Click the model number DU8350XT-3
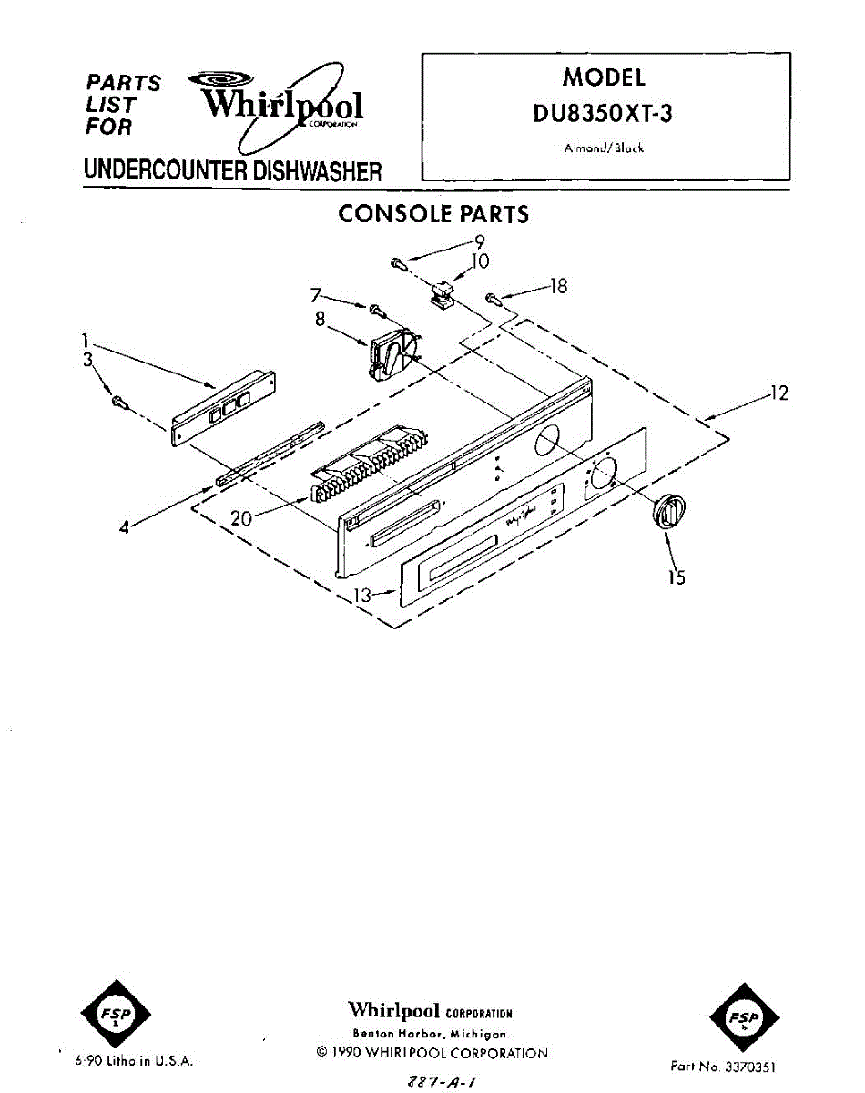click(x=604, y=116)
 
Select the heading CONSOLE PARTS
click(x=432, y=214)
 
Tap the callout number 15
click(x=677, y=577)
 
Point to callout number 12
click(x=778, y=393)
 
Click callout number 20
click(x=241, y=518)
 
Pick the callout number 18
click(x=558, y=286)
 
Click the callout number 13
click(x=362, y=596)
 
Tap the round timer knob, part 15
click(x=667, y=511)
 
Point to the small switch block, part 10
click(x=443, y=294)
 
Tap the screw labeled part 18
click(x=493, y=298)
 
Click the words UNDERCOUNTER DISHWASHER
click(x=232, y=170)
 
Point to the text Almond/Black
click(x=604, y=148)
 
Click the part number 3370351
click(x=724, y=1065)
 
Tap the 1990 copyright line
click(x=432, y=1053)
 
